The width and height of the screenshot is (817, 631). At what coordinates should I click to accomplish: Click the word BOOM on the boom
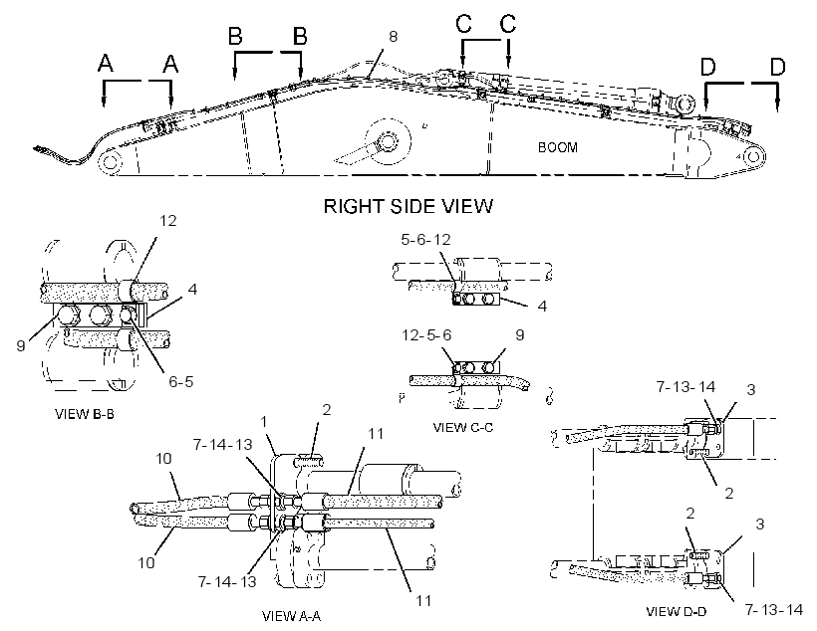(558, 147)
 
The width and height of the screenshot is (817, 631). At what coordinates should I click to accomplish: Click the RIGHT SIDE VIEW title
(408, 206)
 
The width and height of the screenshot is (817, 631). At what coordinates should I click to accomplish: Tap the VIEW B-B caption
(85, 414)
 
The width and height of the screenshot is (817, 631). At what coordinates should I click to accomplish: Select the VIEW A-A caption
(291, 616)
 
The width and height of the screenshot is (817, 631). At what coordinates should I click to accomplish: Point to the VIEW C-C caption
(462, 427)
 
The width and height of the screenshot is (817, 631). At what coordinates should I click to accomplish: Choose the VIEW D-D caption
(676, 612)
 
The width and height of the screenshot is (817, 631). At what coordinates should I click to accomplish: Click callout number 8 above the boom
(393, 37)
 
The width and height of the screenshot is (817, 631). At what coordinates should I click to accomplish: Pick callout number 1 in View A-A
(264, 421)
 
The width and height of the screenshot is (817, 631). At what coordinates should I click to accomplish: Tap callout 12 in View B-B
(167, 221)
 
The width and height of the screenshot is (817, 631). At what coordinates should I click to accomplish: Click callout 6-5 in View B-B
(180, 381)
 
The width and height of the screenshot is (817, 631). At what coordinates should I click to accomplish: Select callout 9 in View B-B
(21, 345)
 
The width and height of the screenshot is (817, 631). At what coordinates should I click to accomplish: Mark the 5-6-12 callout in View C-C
(425, 240)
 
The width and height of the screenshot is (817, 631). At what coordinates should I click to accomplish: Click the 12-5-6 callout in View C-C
(426, 334)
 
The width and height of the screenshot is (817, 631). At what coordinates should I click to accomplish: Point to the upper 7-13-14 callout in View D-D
(685, 387)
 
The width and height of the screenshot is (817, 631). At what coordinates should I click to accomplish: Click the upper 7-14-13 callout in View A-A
(222, 445)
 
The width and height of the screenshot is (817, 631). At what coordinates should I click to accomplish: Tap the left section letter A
(106, 64)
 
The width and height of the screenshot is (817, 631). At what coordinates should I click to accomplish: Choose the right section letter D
(777, 67)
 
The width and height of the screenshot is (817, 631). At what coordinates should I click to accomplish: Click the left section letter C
(463, 23)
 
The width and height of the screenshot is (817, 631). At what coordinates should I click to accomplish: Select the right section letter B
(300, 37)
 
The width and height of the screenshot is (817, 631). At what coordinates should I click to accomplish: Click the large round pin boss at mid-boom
(388, 141)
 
